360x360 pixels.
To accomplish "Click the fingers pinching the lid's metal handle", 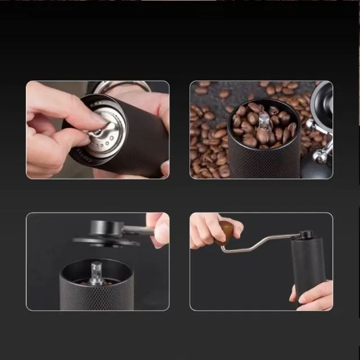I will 159,228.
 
